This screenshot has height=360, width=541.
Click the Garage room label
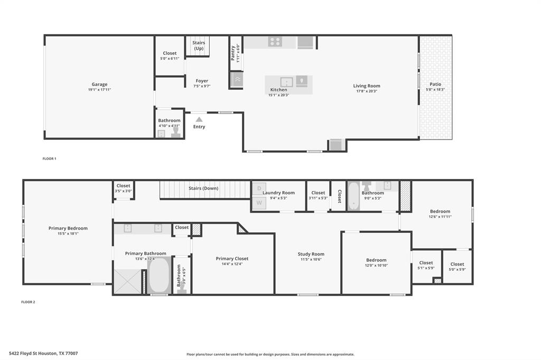pos(99,84)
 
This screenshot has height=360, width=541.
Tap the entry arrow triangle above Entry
pos(199,120)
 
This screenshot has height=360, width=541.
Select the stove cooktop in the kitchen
pos(275,42)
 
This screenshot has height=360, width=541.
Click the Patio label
pos(435,84)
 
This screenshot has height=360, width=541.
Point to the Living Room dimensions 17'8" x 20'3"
pos(367,91)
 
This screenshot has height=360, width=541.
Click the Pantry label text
pos(233,52)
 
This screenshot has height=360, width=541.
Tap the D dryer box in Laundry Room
pos(259,188)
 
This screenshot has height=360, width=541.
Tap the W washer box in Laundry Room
pos(259,202)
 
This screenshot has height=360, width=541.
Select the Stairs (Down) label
pos(203,188)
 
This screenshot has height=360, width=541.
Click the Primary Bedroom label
pos(68,229)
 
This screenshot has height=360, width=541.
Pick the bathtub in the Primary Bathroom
pos(158,275)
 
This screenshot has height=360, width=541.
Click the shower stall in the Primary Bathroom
pos(127,281)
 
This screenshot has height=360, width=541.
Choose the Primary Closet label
pos(232,259)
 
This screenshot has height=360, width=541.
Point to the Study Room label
pos(311,254)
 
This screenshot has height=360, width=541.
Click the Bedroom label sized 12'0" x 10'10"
pos(376,260)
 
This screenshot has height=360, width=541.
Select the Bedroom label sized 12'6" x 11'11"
pos(440,211)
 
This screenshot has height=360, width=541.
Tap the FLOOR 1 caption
pos(49,158)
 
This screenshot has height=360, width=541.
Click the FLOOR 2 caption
pos(28,302)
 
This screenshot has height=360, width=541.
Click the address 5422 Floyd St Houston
pos(43,353)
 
